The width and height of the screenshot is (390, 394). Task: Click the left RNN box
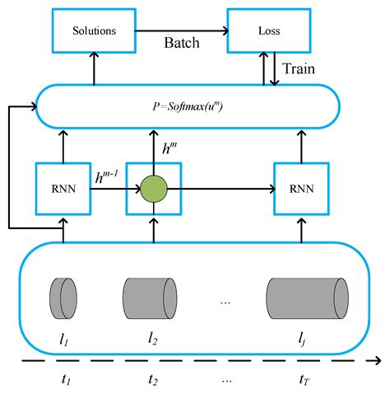pyautogui.click(x=63, y=189)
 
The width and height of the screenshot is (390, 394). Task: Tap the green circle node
pyautogui.click(x=153, y=189)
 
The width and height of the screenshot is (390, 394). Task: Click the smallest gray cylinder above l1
pyautogui.click(x=63, y=294)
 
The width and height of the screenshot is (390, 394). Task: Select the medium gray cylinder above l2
pyautogui.click(x=150, y=294)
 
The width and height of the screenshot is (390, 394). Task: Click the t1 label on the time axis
pyautogui.click(x=67, y=380)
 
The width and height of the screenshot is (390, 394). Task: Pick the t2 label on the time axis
pyautogui.click(x=153, y=380)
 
